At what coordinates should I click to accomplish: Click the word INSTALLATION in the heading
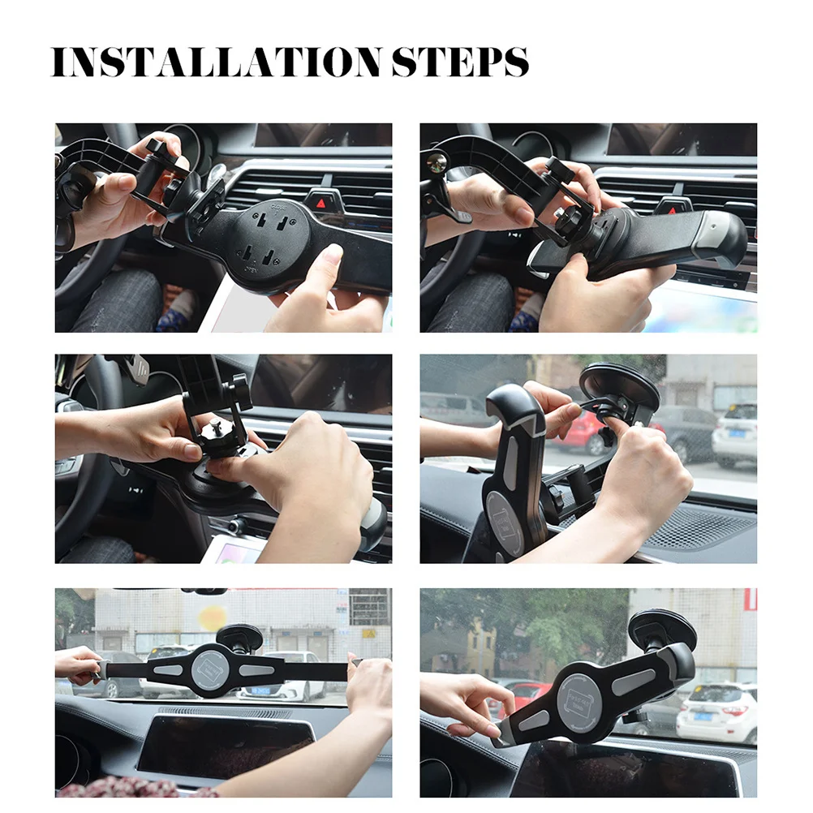[x=217, y=62]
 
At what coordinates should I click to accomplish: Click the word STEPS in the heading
[x=460, y=62]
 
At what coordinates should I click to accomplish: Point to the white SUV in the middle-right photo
[x=733, y=436]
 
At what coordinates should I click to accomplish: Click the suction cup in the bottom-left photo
[x=239, y=637]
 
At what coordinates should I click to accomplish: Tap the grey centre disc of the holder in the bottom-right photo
[x=583, y=701]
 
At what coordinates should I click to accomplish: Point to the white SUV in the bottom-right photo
[x=716, y=712]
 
